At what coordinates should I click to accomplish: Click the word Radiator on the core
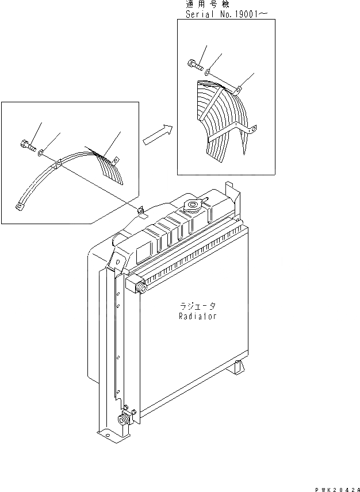tap(197, 316)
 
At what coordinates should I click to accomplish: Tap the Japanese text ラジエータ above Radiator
tap(197, 306)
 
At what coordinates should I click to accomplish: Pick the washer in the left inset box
tap(41, 153)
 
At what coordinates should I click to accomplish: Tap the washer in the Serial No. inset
tap(207, 70)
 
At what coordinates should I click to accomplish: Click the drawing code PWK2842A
tap(332, 486)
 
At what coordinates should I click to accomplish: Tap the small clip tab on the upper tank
tap(140, 211)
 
